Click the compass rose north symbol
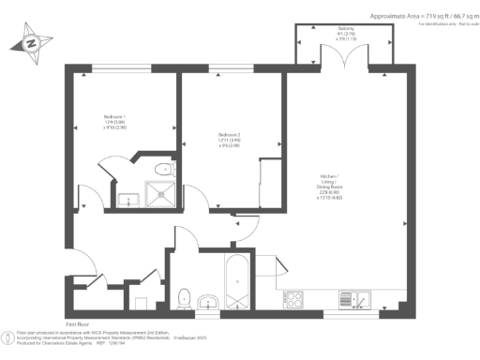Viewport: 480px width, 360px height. click(32, 43)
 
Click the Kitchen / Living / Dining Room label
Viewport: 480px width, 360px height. click(334, 187)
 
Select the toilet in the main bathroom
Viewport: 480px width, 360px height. click(185, 298)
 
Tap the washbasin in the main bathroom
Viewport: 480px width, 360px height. click(208, 302)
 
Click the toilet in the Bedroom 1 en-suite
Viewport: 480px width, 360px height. click(164, 171)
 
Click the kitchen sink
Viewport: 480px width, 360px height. click(359, 300)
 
